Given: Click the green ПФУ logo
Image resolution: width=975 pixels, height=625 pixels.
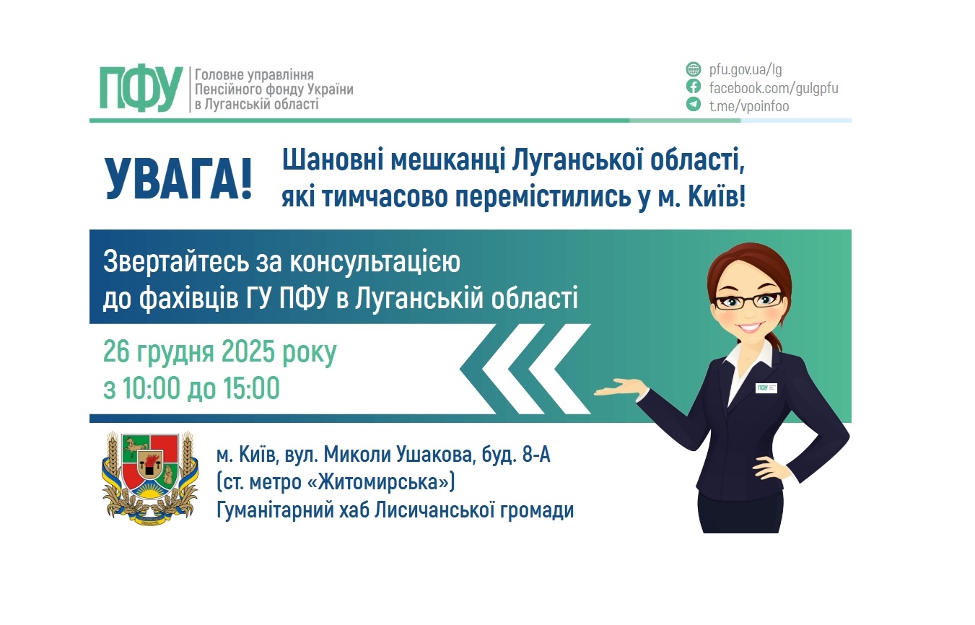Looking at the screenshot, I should [x=141, y=89].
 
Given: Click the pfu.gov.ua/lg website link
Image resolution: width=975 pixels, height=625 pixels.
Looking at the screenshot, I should [x=746, y=70].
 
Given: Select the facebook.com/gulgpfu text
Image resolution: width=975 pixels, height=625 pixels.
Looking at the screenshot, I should [x=774, y=88].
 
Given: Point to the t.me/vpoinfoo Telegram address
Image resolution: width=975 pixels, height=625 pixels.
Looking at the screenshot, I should [x=749, y=106].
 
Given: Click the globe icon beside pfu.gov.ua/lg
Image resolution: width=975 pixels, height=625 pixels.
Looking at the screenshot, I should [x=693, y=70].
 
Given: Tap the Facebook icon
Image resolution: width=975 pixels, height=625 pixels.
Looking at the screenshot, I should [x=693, y=87].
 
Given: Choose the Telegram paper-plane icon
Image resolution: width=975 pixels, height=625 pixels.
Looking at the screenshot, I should [x=693, y=105].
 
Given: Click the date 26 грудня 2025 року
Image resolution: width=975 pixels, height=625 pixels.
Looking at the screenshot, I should [x=220, y=353].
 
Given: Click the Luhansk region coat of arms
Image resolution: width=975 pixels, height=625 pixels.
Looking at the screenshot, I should [x=150, y=476].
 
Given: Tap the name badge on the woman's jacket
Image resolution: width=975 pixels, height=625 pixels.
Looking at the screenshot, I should [x=766, y=388].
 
